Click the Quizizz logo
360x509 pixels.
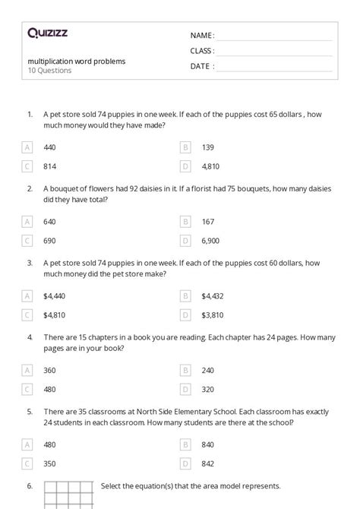47,33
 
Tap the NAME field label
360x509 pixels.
202,36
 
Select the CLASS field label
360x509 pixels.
202,51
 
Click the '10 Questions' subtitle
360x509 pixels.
49,71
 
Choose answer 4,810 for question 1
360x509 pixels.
210,165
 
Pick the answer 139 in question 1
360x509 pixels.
207,147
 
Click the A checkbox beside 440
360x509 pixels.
28,147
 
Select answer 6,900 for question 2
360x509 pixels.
210,239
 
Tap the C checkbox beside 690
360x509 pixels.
28,239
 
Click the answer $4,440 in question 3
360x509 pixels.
55,296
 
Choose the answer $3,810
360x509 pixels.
213,314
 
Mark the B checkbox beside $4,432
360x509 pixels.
185,296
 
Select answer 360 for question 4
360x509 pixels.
49,370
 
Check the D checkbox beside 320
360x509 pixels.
185,388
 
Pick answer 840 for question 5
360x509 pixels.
207,444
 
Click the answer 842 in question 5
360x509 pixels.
207,463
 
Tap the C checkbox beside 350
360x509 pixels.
28,463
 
